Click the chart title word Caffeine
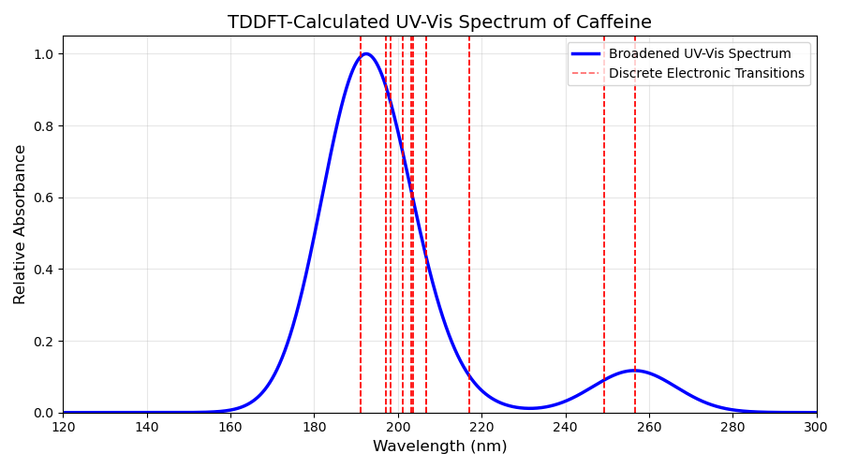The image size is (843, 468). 614,22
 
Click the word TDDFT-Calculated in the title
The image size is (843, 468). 307,22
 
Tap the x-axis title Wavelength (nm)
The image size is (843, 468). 440,446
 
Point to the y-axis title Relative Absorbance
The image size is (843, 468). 20,225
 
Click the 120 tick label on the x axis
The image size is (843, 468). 64,427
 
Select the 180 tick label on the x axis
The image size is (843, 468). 315,427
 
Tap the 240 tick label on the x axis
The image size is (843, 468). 566,427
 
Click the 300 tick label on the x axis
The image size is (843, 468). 817,427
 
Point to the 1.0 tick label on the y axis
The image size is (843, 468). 45,54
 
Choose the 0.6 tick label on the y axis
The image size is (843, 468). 45,197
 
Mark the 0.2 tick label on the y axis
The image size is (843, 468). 45,342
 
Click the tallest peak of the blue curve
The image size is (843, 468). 366,53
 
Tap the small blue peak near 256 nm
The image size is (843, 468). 634,371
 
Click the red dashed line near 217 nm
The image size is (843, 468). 469,225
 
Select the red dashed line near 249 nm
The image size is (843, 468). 604,225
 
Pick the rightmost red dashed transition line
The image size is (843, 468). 635,225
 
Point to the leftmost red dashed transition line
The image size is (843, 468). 361,225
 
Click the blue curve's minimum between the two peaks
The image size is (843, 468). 529,408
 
